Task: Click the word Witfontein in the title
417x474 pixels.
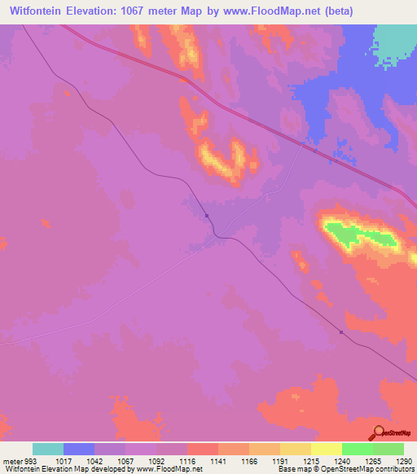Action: [x=42, y=12]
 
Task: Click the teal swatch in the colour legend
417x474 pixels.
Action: [x=48, y=449]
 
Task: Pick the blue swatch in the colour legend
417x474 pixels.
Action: [x=79, y=449]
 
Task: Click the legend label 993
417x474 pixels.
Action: [x=29, y=460]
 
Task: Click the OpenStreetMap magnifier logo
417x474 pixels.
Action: [x=377, y=433]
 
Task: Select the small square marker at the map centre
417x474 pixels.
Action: [x=208, y=216]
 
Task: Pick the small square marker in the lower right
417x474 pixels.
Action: [x=340, y=331]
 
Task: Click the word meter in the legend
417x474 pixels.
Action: [x=12, y=460]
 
